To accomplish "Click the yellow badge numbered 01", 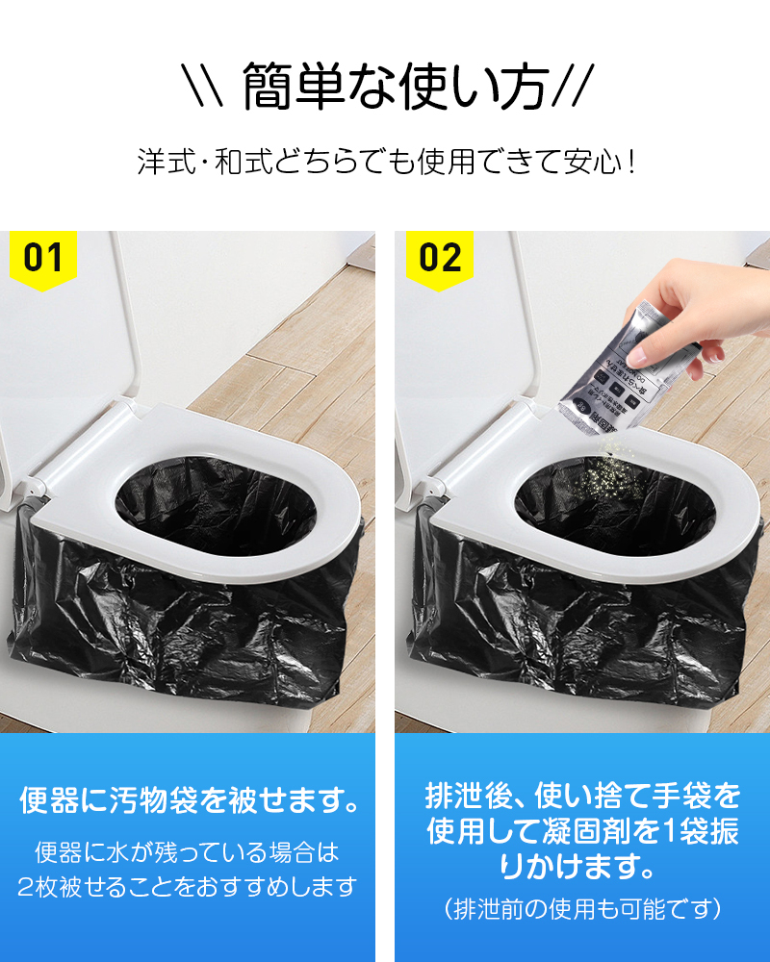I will (43, 259).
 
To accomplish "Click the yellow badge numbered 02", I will (440, 259).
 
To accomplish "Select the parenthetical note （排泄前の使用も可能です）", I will (582, 907).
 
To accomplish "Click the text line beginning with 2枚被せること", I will (187, 886).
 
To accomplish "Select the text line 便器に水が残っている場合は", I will (187, 851).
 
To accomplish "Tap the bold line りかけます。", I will (582, 866).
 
